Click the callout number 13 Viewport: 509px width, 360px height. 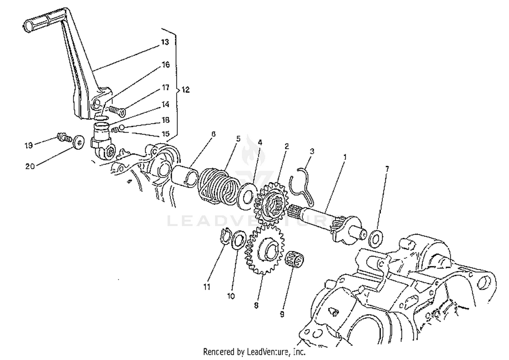tap(165, 42)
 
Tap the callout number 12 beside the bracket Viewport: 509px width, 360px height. tap(186, 90)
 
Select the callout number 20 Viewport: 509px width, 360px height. tap(30, 166)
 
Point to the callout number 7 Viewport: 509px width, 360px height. tap(387, 169)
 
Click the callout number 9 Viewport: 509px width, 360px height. tap(282, 314)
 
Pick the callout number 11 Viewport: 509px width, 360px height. tap(207, 287)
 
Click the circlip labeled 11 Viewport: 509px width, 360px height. tap(224, 236)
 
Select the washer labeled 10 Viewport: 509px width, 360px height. tap(239, 239)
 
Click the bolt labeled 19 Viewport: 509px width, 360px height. tap(63, 138)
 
